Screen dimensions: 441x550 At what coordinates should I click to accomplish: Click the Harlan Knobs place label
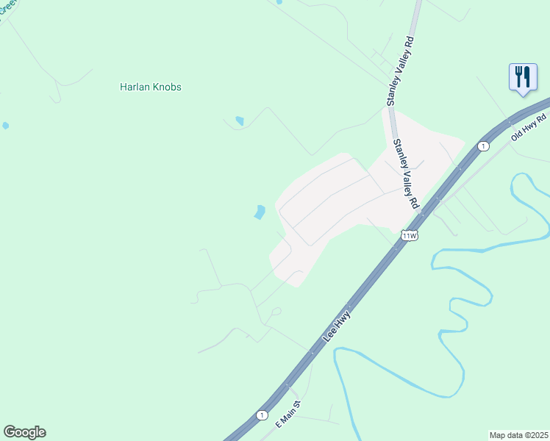coord(150,87)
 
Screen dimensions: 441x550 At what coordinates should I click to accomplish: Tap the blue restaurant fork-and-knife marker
coord(522,77)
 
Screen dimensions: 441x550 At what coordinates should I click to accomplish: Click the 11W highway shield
coord(410,235)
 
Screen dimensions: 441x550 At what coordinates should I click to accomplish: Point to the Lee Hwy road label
coord(337,328)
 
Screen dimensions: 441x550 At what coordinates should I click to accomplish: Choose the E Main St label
coord(289,415)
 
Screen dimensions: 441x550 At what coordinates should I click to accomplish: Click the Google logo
coord(24,432)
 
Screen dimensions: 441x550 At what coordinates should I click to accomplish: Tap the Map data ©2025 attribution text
coord(518,435)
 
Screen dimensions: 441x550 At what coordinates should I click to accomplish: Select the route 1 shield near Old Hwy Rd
coord(482,147)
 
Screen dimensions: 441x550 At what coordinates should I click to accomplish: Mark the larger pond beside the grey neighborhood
coord(260,212)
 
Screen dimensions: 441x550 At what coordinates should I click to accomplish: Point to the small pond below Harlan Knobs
coord(239,121)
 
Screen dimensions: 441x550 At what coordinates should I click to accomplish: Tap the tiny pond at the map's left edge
coord(5,126)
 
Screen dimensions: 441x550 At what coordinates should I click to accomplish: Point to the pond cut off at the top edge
coord(278,2)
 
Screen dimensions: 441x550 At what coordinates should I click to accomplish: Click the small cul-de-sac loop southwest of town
coord(276,312)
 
